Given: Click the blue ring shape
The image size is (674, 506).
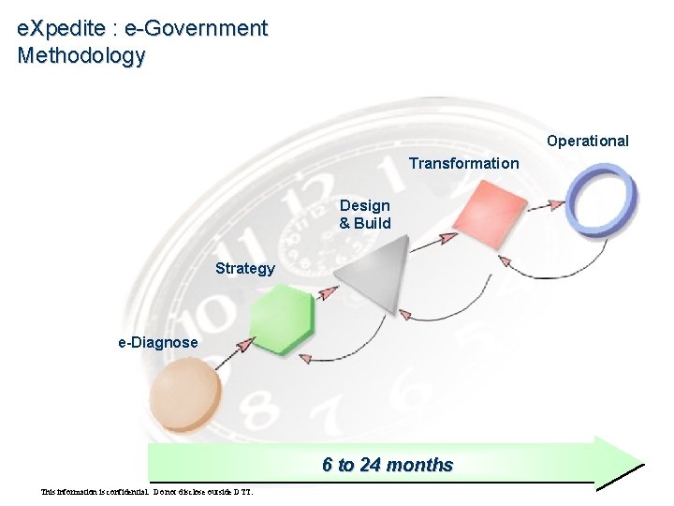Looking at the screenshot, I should click(604, 199).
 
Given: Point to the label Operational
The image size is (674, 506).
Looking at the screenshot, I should click(588, 141).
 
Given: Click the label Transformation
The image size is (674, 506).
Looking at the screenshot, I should click(463, 164).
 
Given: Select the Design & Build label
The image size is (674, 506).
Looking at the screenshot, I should click(365, 215).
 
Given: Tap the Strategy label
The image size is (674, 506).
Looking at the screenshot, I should click(245, 269).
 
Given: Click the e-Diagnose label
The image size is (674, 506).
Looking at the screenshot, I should click(157, 343).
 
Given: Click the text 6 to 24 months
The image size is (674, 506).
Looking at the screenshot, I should click(388, 465).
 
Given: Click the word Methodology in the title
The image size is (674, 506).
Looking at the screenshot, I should click(81, 55).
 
